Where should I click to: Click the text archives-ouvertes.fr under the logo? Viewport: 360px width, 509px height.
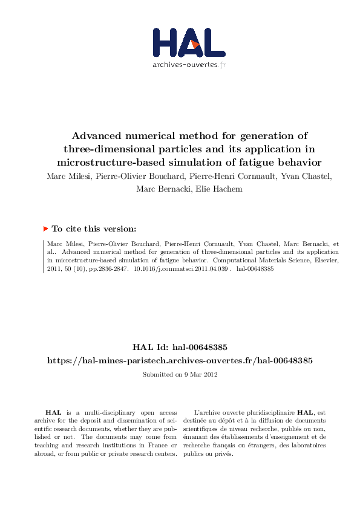[x=189, y=64]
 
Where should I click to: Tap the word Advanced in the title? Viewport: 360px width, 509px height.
[x=100, y=135]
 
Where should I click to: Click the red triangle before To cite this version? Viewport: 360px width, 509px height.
[x=45, y=229]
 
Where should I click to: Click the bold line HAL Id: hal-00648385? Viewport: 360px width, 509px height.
[x=180, y=348]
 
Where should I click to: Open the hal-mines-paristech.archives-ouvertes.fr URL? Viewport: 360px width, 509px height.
[x=180, y=360]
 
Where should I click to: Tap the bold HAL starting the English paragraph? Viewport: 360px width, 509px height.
[x=53, y=412]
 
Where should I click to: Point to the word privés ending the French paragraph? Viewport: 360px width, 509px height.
[x=224, y=454]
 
